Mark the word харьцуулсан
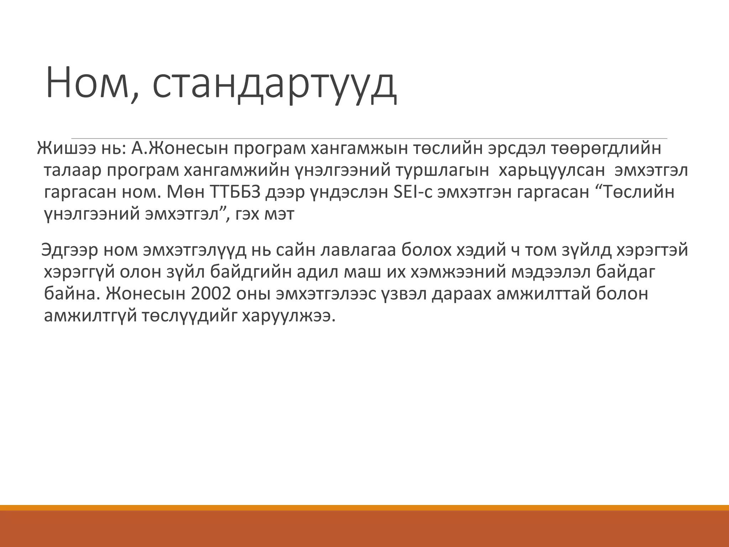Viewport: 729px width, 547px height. coord(552,171)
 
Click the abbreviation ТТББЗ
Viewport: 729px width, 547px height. coord(241,192)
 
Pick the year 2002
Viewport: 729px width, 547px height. coord(210,294)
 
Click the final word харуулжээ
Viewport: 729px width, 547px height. coord(289,316)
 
